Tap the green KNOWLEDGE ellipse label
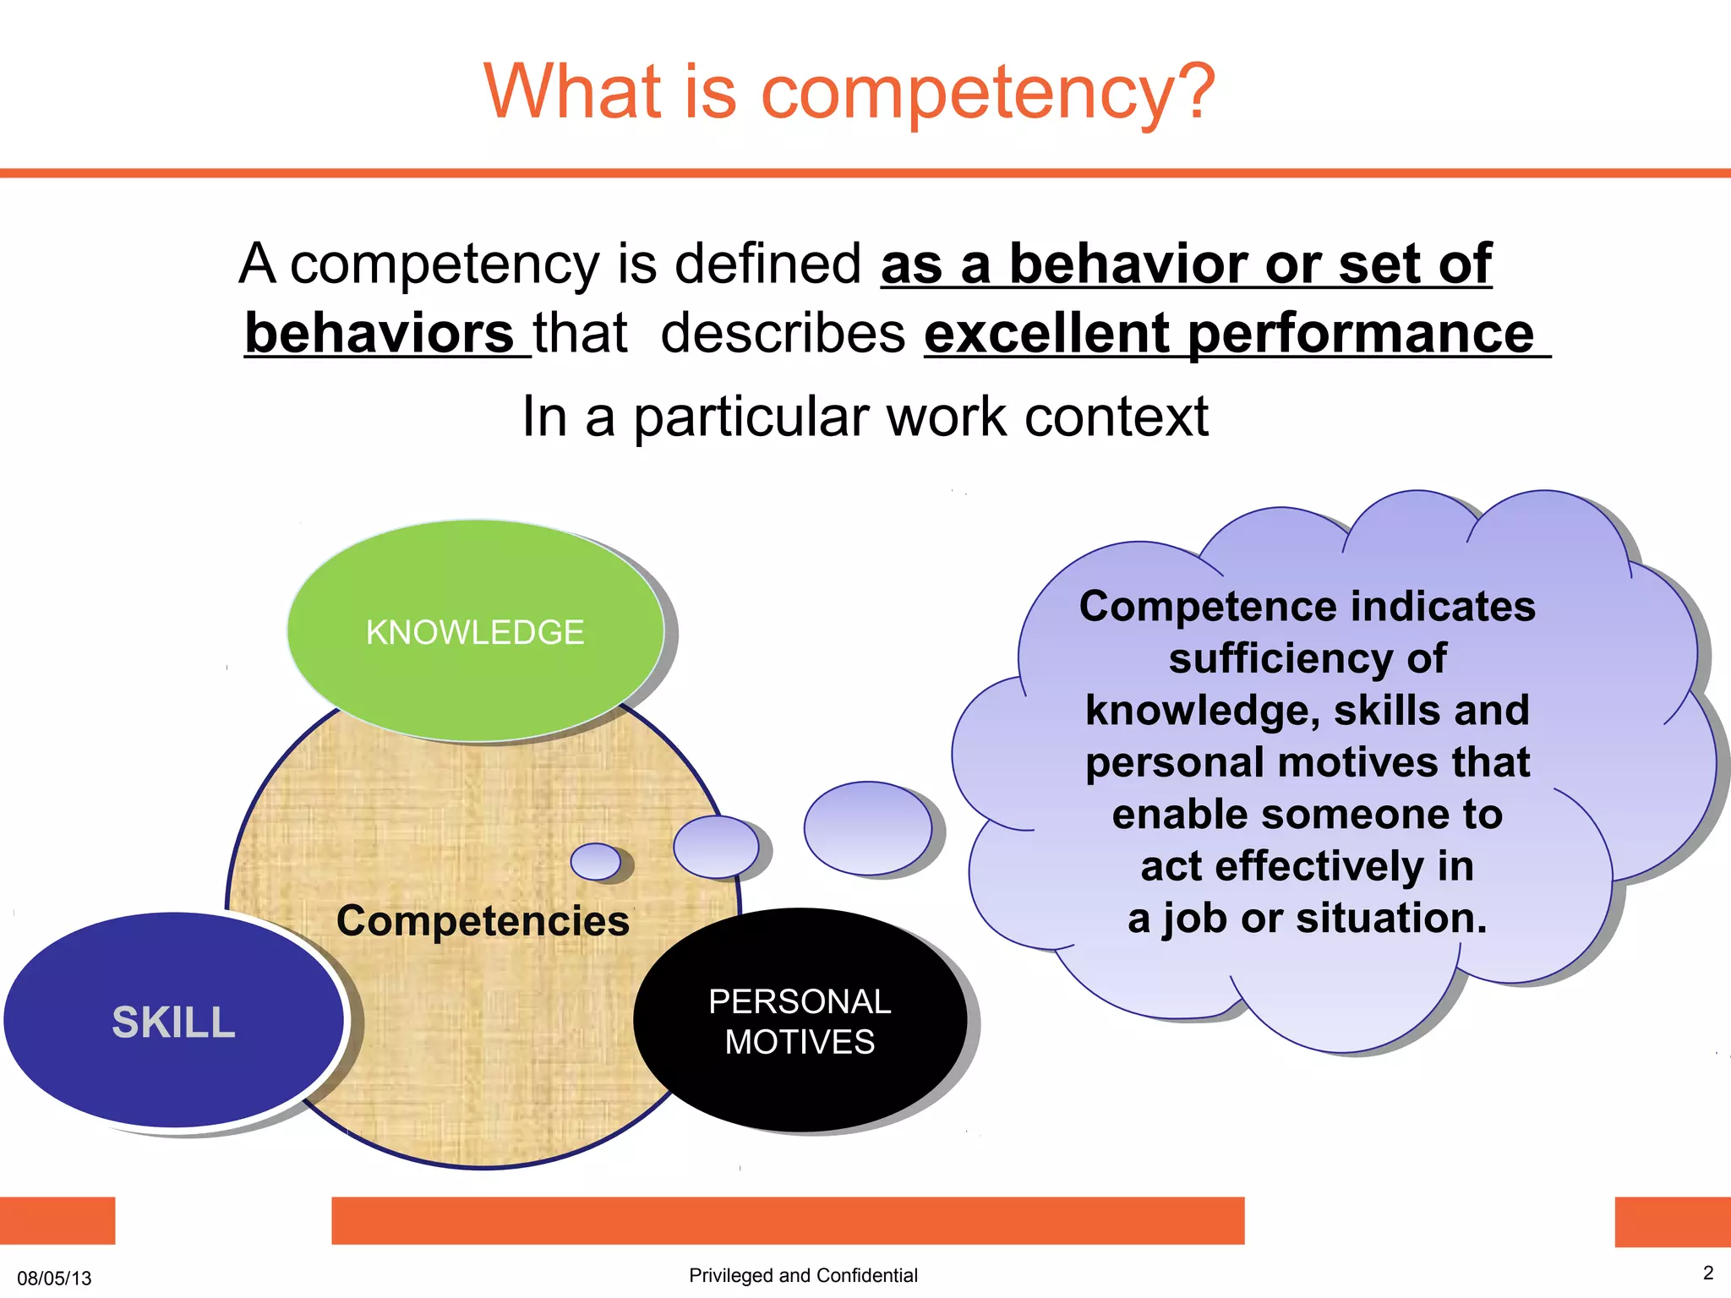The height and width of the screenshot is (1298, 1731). (474, 633)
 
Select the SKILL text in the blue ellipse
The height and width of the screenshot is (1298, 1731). (173, 1023)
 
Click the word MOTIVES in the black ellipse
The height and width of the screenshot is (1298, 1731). (800, 1043)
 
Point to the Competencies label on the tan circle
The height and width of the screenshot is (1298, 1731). (483, 920)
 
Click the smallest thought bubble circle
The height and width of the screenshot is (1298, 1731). (596, 862)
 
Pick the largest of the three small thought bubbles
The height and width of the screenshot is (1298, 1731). (868, 828)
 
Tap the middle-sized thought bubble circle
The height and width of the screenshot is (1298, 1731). (717, 847)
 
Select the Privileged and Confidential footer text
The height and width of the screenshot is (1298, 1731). (803, 1275)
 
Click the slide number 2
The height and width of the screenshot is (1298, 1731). (1707, 1273)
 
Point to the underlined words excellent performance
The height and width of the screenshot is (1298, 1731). (1229, 334)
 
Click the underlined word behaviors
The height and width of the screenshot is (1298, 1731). (379, 334)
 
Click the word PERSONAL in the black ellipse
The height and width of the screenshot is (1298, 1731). (800, 1002)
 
